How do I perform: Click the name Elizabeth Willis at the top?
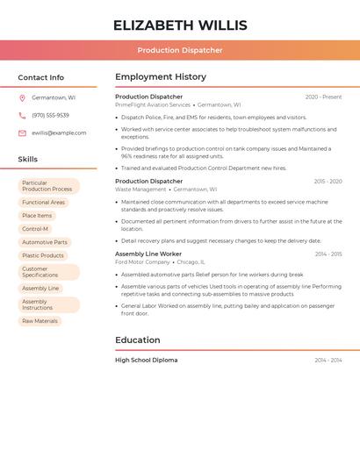point(180,25)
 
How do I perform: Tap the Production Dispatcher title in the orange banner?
point(180,51)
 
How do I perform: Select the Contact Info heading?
point(41,77)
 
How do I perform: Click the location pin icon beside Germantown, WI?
point(22,98)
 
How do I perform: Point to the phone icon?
point(22,115)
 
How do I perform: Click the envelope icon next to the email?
point(22,133)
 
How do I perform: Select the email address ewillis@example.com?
point(59,133)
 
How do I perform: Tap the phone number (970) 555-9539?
point(50,115)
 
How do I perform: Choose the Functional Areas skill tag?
point(44,203)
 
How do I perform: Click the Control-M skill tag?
point(36,229)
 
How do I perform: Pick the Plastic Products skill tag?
point(43,255)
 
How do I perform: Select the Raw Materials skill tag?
point(40,321)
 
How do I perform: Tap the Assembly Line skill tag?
point(41,289)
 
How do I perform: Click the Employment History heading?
point(161,77)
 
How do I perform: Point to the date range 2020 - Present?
point(323,97)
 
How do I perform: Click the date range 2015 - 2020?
point(328,182)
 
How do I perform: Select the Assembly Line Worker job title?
point(148,254)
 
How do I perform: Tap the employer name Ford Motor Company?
point(142,262)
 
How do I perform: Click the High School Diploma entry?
point(146,360)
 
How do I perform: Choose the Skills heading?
point(28,160)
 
